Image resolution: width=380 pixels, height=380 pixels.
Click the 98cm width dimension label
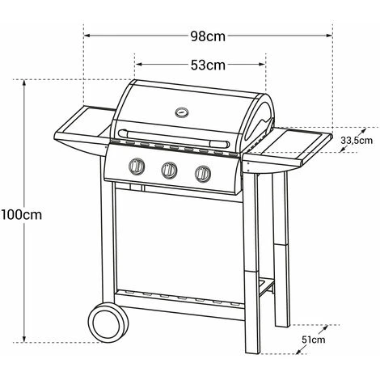point(208,36)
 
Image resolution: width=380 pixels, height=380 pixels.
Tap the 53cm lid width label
point(208,65)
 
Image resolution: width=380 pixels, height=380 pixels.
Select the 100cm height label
point(22,215)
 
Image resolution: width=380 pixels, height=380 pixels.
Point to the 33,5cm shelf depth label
point(357,141)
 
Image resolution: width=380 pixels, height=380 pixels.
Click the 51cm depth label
point(314,340)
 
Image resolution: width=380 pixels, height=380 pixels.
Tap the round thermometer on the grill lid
point(182,112)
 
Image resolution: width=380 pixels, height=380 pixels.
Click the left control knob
point(137,166)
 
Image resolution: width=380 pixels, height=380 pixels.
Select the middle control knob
point(169,170)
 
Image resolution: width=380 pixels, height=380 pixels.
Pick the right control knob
point(203,174)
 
